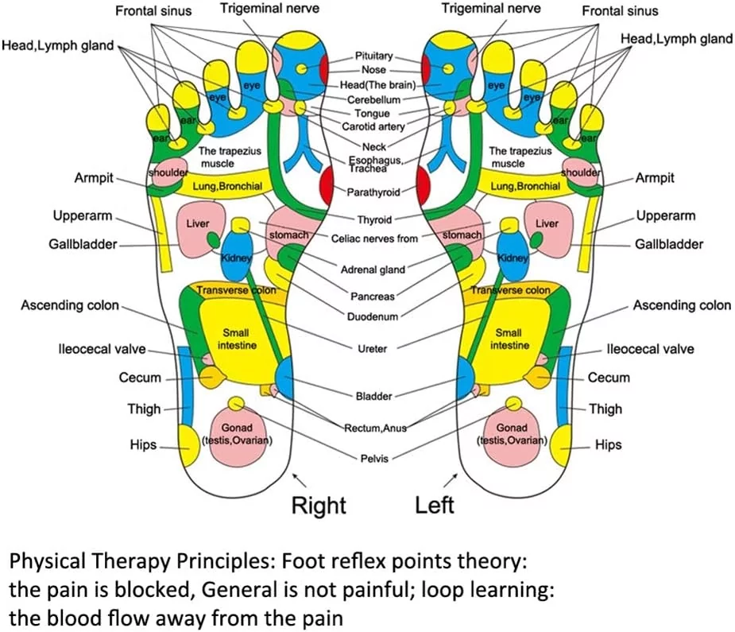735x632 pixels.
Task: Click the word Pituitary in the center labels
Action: pos(373,56)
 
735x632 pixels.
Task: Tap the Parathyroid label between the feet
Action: pos(373,192)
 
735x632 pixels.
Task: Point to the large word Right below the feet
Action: pos(319,506)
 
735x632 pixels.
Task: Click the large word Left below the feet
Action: pos(435,506)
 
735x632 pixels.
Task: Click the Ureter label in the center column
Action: pos(373,348)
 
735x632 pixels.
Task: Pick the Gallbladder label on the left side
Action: pos(82,244)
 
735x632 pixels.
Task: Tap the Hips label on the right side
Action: pos(608,445)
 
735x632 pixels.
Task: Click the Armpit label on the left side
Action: pos(94,178)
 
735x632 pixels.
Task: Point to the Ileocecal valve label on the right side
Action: pos(650,349)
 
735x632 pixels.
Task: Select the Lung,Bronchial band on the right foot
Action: pos(227,186)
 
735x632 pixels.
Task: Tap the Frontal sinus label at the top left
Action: pos(153,11)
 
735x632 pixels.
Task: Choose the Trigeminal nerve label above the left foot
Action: pos(490,9)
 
